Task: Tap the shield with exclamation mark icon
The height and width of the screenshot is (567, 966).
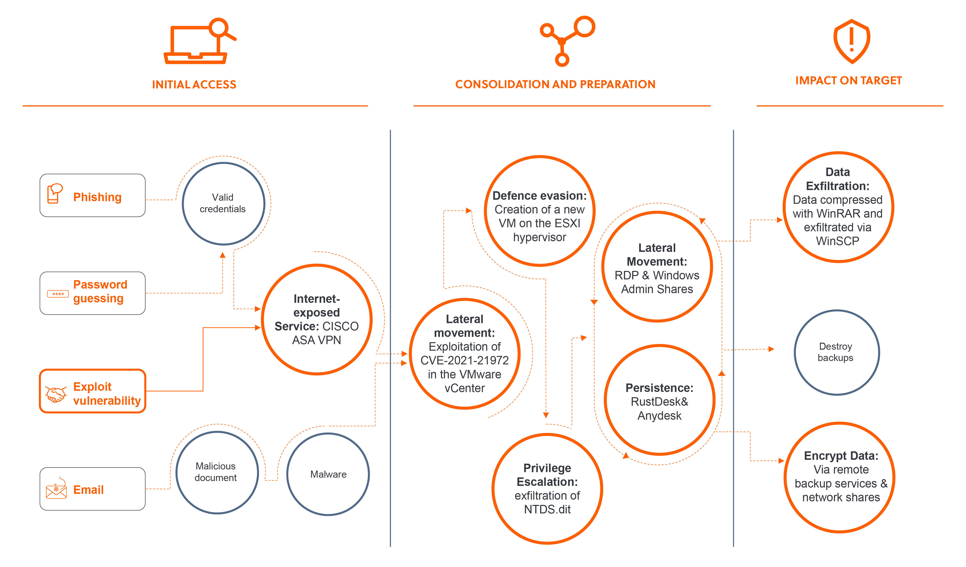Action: (x=851, y=41)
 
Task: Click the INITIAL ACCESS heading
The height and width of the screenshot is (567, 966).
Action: (x=194, y=84)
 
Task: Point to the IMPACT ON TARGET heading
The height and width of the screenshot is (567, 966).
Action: (x=848, y=80)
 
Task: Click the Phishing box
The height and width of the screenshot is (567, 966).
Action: (x=92, y=196)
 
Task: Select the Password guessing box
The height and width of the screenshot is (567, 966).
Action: (x=92, y=293)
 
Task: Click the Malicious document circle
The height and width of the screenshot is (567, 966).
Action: (x=217, y=472)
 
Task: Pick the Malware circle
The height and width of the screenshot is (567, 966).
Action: (x=328, y=474)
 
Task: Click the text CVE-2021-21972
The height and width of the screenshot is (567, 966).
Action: (x=464, y=360)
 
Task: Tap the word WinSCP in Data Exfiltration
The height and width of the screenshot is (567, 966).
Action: (x=838, y=241)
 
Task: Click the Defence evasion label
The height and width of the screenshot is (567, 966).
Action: (x=539, y=196)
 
